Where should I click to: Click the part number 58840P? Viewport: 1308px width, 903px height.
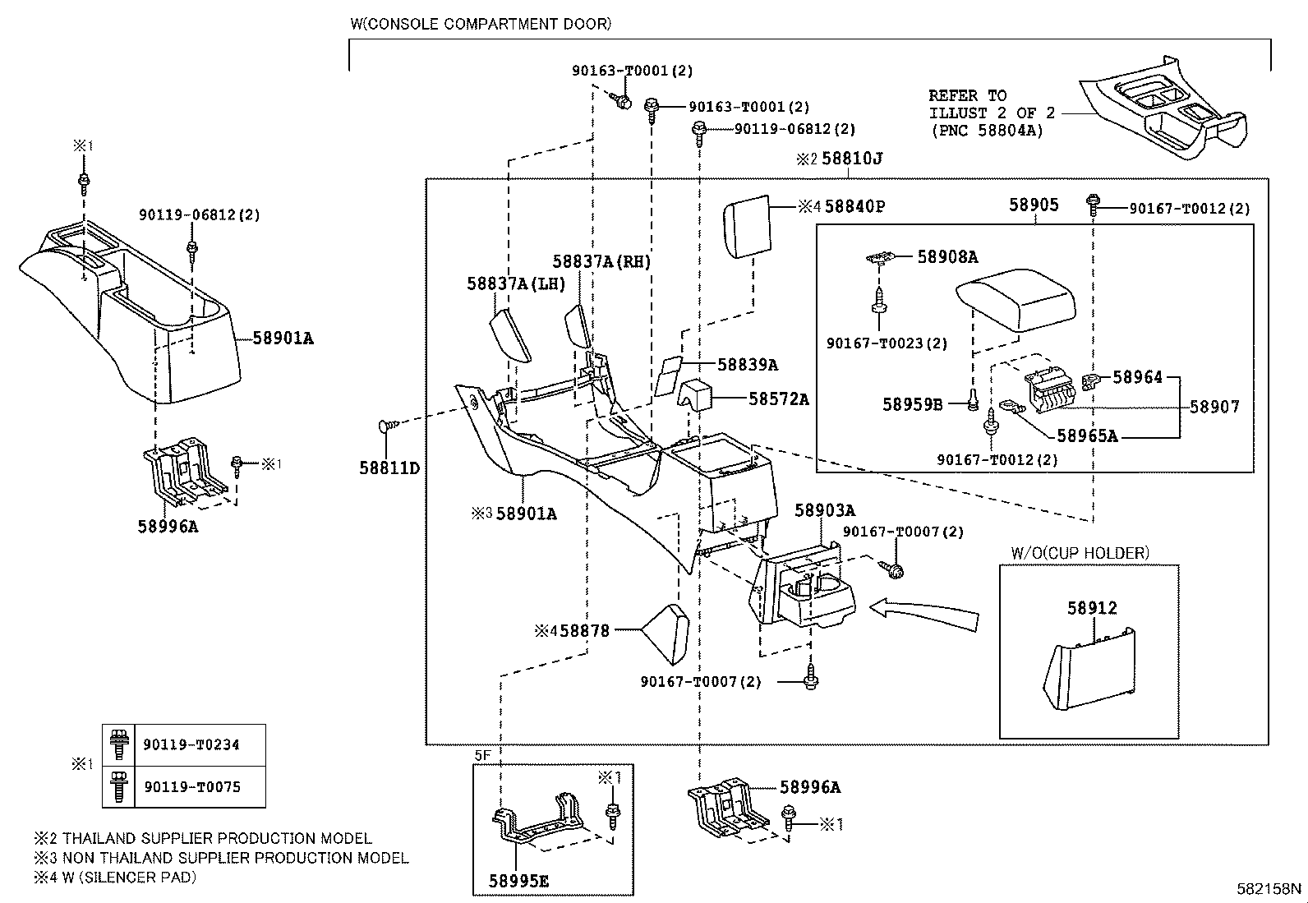[x=854, y=206]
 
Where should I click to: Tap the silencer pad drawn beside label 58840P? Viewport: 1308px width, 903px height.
[x=747, y=227]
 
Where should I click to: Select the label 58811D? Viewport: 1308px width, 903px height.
[x=389, y=468]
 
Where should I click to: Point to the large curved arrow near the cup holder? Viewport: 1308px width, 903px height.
[x=923, y=614]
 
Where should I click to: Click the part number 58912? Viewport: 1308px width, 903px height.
[x=1092, y=608]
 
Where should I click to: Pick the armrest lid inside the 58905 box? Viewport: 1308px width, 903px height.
[x=1016, y=300]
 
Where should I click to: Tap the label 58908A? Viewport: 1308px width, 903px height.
[x=947, y=256]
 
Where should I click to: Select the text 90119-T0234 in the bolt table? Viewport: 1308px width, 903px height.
[x=191, y=744]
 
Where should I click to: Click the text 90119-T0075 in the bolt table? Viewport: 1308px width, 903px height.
[x=192, y=787]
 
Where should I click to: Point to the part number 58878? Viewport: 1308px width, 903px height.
[x=584, y=631]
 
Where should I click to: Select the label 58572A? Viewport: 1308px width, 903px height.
[x=779, y=399]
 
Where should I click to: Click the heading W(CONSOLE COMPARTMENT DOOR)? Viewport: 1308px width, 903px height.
[x=481, y=24]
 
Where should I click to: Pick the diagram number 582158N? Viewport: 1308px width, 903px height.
[x=1269, y=888]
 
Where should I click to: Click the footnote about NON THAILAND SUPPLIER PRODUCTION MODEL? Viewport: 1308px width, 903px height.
[x=221, y=858]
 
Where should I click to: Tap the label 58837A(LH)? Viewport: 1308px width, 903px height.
[x=516, y=283]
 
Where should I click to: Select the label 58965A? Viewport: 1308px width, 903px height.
[x=1087, y=435]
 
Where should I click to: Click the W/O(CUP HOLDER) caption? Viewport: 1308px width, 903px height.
[x=1080, y=552]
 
